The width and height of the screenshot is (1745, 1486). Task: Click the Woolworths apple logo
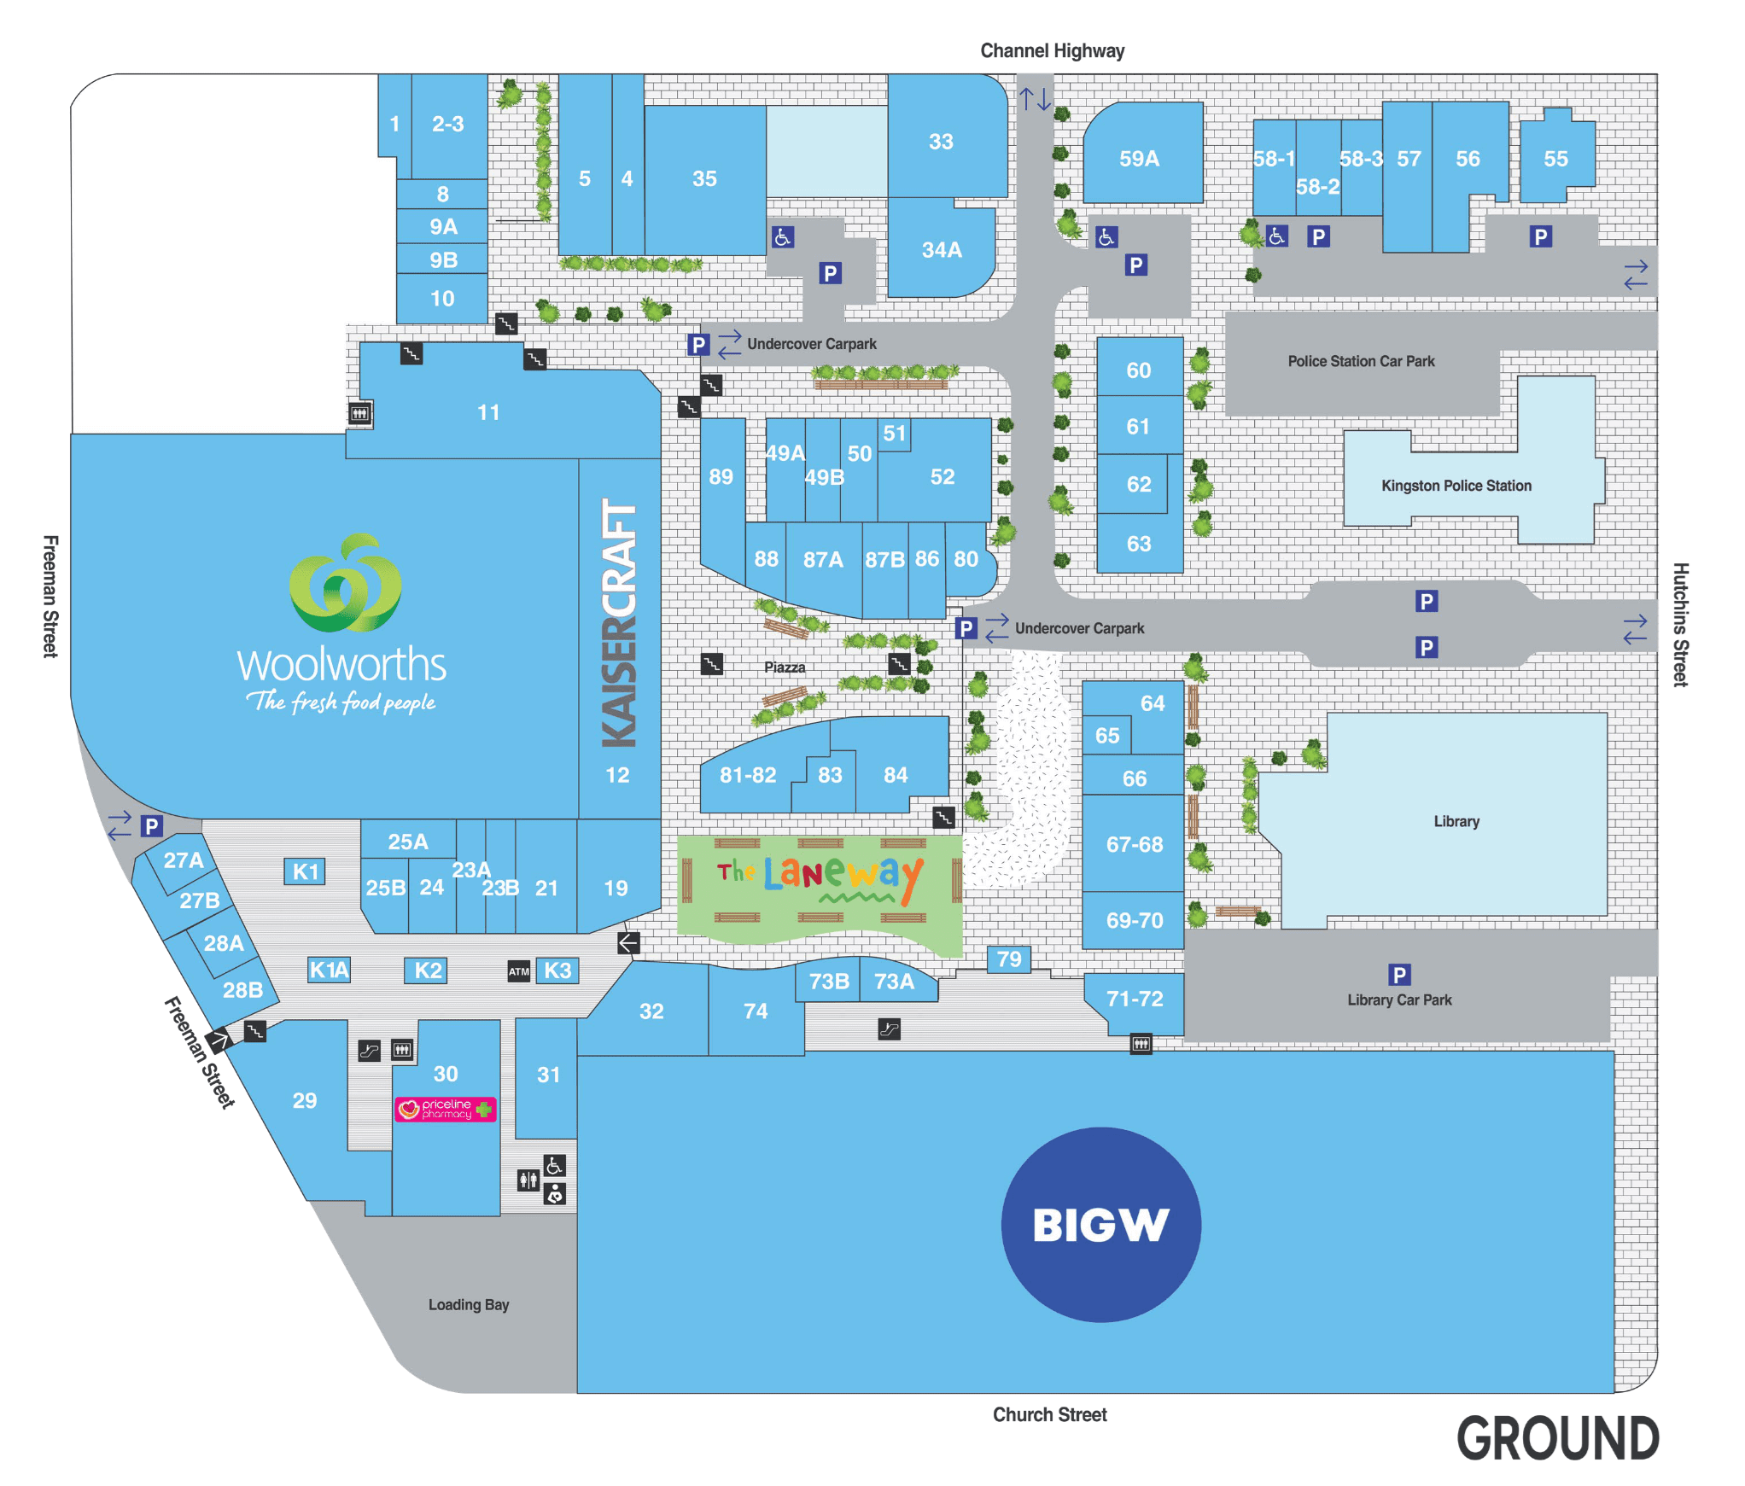pyautogui.click(x=345, y=585)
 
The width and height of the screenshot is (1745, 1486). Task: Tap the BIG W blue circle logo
pyautogui.click(x=1100, y=1224)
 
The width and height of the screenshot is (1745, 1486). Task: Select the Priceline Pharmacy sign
pyautogui.click(x=445, y=1109)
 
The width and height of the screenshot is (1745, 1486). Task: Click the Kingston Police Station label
pyautogui.click(x=1456, y=486)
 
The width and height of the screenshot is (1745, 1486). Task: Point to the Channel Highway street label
pyautogui.click(x=1052, y=51)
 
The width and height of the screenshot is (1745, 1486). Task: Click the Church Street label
pyautogui.click(x=1049, y=1414)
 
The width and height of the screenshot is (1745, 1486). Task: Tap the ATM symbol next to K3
pyautogui.click(x=518, y=971)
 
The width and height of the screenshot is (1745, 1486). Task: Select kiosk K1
pyautogui.click(x=305, y=871)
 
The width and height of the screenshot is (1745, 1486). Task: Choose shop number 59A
pyautogui.click(x=1139, y=159)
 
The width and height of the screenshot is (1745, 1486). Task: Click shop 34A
pyautogui.click(x=941, y=250)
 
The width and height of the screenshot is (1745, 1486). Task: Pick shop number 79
pyautogui.click(x=1008, y=959)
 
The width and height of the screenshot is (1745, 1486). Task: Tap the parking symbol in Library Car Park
pyautogui.click(x=1398, y=975)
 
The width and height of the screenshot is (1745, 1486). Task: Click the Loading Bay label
pyautogui.click(x=469, y=1304)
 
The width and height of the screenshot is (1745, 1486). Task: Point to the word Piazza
pyautogui.click(x=785, y=667)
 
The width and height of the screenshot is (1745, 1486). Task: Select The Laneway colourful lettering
pyautogui.click(x=820, y=875)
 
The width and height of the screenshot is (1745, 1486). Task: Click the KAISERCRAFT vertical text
pyautogui.click(x=620, y=623)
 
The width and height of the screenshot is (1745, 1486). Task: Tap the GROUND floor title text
pyautogui.click(x=1557, y=1439)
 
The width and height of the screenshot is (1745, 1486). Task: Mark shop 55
pyautogui.click(x=1555, y=159)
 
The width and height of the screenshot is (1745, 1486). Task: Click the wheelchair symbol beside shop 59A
pyautogui.click(x=1106, y=237)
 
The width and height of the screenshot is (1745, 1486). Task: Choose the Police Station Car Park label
pyautogui.click(x=1361, y=361)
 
